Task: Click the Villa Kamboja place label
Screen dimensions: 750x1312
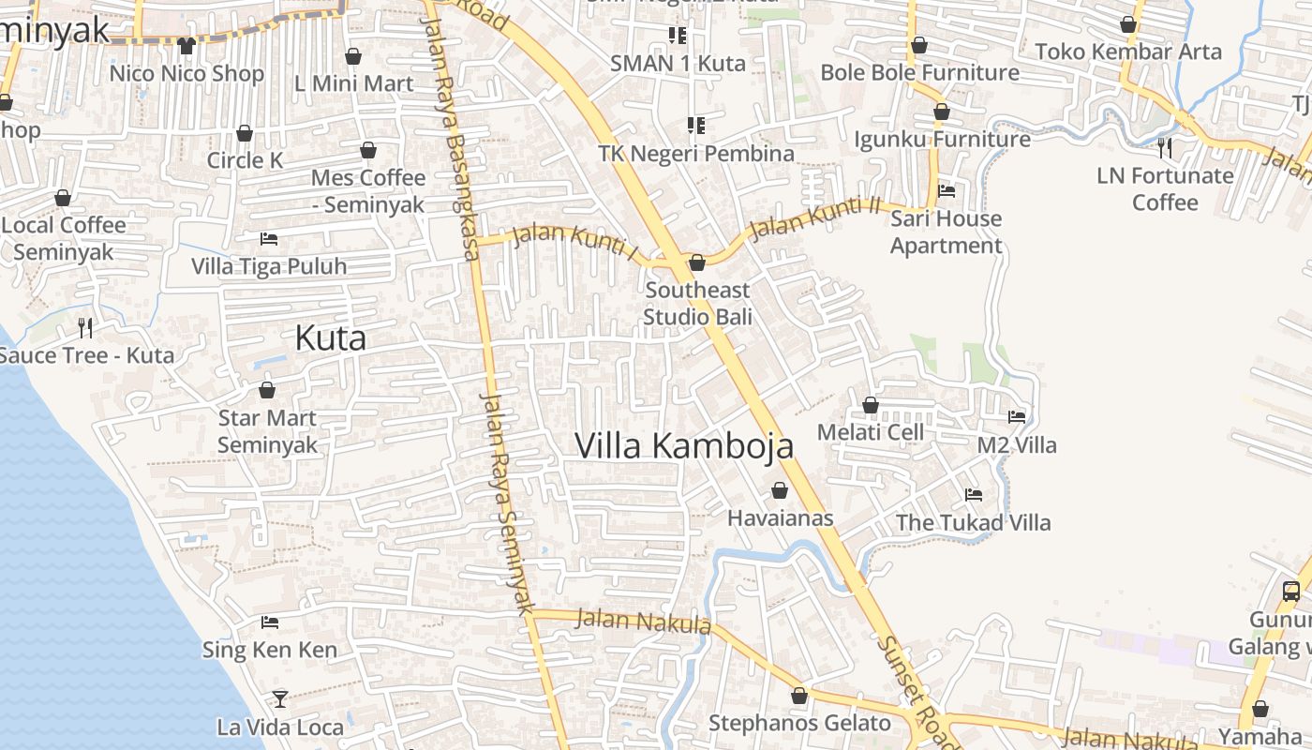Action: pos(684,446)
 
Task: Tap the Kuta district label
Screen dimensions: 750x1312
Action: pos(330,338)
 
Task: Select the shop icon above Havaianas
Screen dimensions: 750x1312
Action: pos(780,490)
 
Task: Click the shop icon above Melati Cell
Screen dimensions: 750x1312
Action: pos(871,405)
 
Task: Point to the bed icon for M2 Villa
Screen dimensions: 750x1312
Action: pos(1017,416)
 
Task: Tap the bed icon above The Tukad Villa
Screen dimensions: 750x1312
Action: pos(974,494)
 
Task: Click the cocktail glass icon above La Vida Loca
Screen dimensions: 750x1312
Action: pos(279,698)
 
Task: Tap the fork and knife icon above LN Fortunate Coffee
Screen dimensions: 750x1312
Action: pos(1165,147)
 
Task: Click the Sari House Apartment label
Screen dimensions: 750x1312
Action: pos(946,232)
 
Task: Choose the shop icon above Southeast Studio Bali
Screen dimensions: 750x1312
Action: pos(697,262)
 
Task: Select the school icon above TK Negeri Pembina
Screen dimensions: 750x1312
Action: pos(695,125)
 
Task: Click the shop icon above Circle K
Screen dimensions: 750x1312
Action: pos(245,133)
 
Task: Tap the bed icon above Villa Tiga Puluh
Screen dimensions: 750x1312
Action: pos(269,238)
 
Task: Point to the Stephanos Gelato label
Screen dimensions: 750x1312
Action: pos(799,723)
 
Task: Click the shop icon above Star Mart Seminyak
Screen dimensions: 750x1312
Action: pos(267,390)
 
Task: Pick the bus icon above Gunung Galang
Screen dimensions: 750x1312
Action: pos(1291,591)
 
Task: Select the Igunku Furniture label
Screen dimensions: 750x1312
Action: pos(942,140)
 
